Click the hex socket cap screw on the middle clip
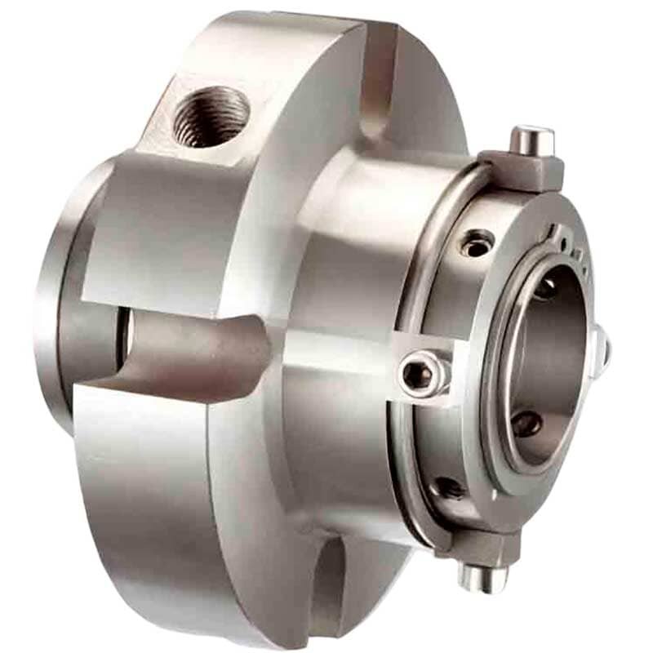pos(417,374)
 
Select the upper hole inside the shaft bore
pos(544,288)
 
